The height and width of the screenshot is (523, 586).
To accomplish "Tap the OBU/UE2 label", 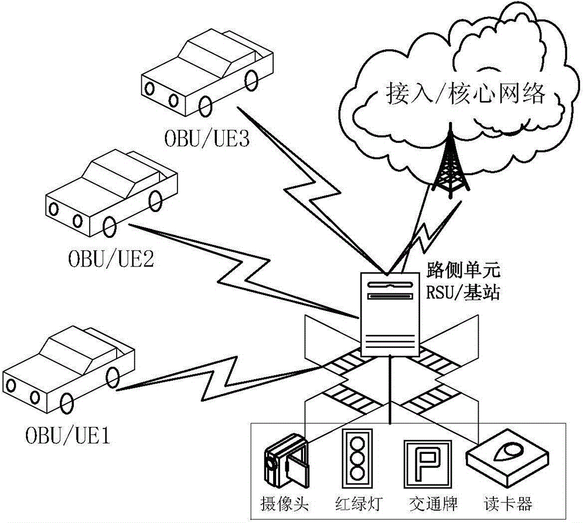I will point(111,258).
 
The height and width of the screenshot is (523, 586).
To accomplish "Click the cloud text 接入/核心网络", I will point(466,93).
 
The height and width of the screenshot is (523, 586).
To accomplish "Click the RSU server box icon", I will point(389,315).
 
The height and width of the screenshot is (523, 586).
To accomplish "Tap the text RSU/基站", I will point(464,293).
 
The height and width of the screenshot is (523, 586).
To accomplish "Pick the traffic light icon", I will point(357,462).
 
